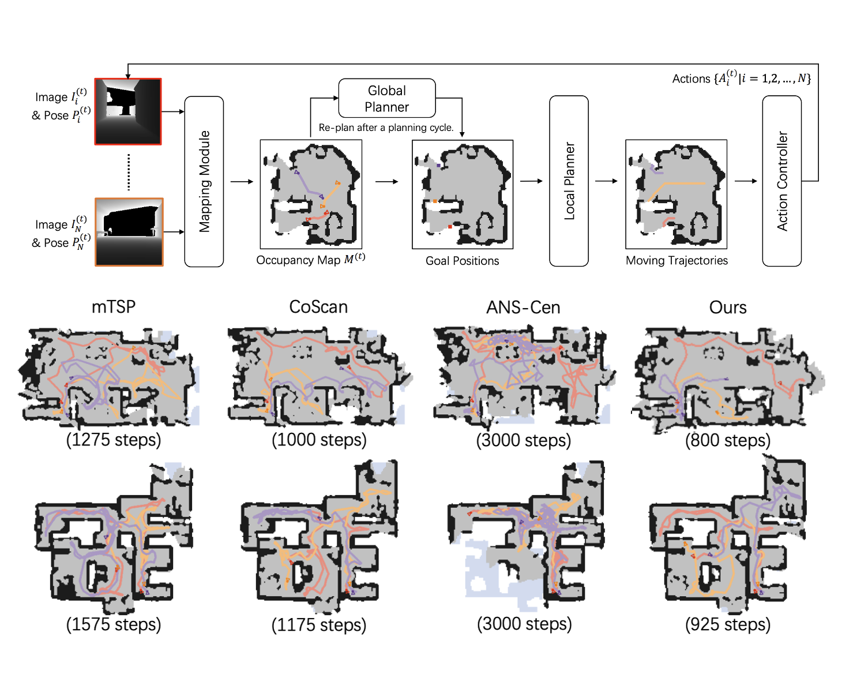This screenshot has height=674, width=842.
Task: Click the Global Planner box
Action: (386, 99)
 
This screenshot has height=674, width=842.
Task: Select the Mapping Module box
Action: (204, 181)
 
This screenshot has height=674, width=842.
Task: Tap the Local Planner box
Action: (569, 181)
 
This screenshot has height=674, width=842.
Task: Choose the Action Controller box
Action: (781, 181)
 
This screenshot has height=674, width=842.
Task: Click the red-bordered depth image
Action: (128, 111)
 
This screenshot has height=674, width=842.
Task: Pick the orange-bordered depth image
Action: (129, 232)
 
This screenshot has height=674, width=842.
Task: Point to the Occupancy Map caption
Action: (310, 260)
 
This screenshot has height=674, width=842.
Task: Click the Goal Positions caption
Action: (462, 261)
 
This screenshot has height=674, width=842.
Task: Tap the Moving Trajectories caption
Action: (676, 260)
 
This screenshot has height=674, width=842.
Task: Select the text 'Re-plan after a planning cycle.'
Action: (386, 128)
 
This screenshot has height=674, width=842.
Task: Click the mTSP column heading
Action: (114, 307)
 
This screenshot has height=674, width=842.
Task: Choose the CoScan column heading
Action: (318, 307)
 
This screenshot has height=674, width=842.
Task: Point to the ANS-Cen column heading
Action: (523, 308)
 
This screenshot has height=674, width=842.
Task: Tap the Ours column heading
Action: (728, 308)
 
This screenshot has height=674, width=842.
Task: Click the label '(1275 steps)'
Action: (114, 440)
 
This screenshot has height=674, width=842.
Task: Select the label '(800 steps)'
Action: (728, 440)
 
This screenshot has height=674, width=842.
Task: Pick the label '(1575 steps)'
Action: (114, 624)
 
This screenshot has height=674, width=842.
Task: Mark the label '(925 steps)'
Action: (728, 624)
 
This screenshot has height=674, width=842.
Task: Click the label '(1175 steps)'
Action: (318, 624)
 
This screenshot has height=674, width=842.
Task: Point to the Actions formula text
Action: (741, 78)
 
